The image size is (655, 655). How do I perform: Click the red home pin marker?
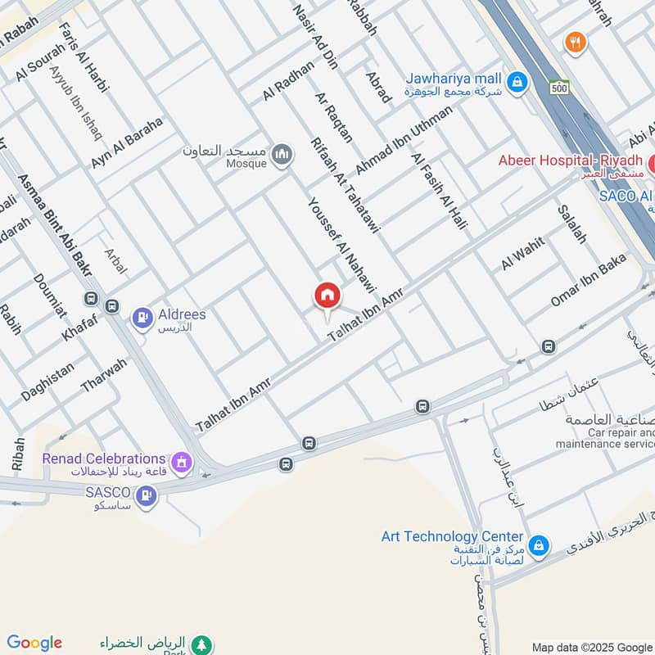pyautogui.click(x=327, y=296)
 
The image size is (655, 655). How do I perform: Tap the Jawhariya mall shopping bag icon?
pyautogui.click(x=517, y=81)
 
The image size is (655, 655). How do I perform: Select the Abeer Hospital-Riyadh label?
pyautogui.click(x=569, y=160)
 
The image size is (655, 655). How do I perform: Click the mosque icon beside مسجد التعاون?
pyautogui.click(x=282, y=155)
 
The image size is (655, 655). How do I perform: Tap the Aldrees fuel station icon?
pyautogui.click(x=142, y=317)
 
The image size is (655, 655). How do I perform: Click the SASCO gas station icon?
pyautogui.click(x=147, y=495)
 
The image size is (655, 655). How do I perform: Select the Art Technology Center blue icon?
pyautogui.click(x=538, y=544)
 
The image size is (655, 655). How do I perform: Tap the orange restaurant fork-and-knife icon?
pyautogui.click(x=576, y=42)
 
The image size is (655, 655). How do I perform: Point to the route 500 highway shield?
pyautogui.click(x=560, y=88)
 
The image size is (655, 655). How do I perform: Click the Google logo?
pyautogui.click(x=34, y=643)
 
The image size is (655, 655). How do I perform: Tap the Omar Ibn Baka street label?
pyautogui.click(x=588, y=280)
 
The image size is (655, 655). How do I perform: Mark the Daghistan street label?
pyautogui.click(x=47, y=382)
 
